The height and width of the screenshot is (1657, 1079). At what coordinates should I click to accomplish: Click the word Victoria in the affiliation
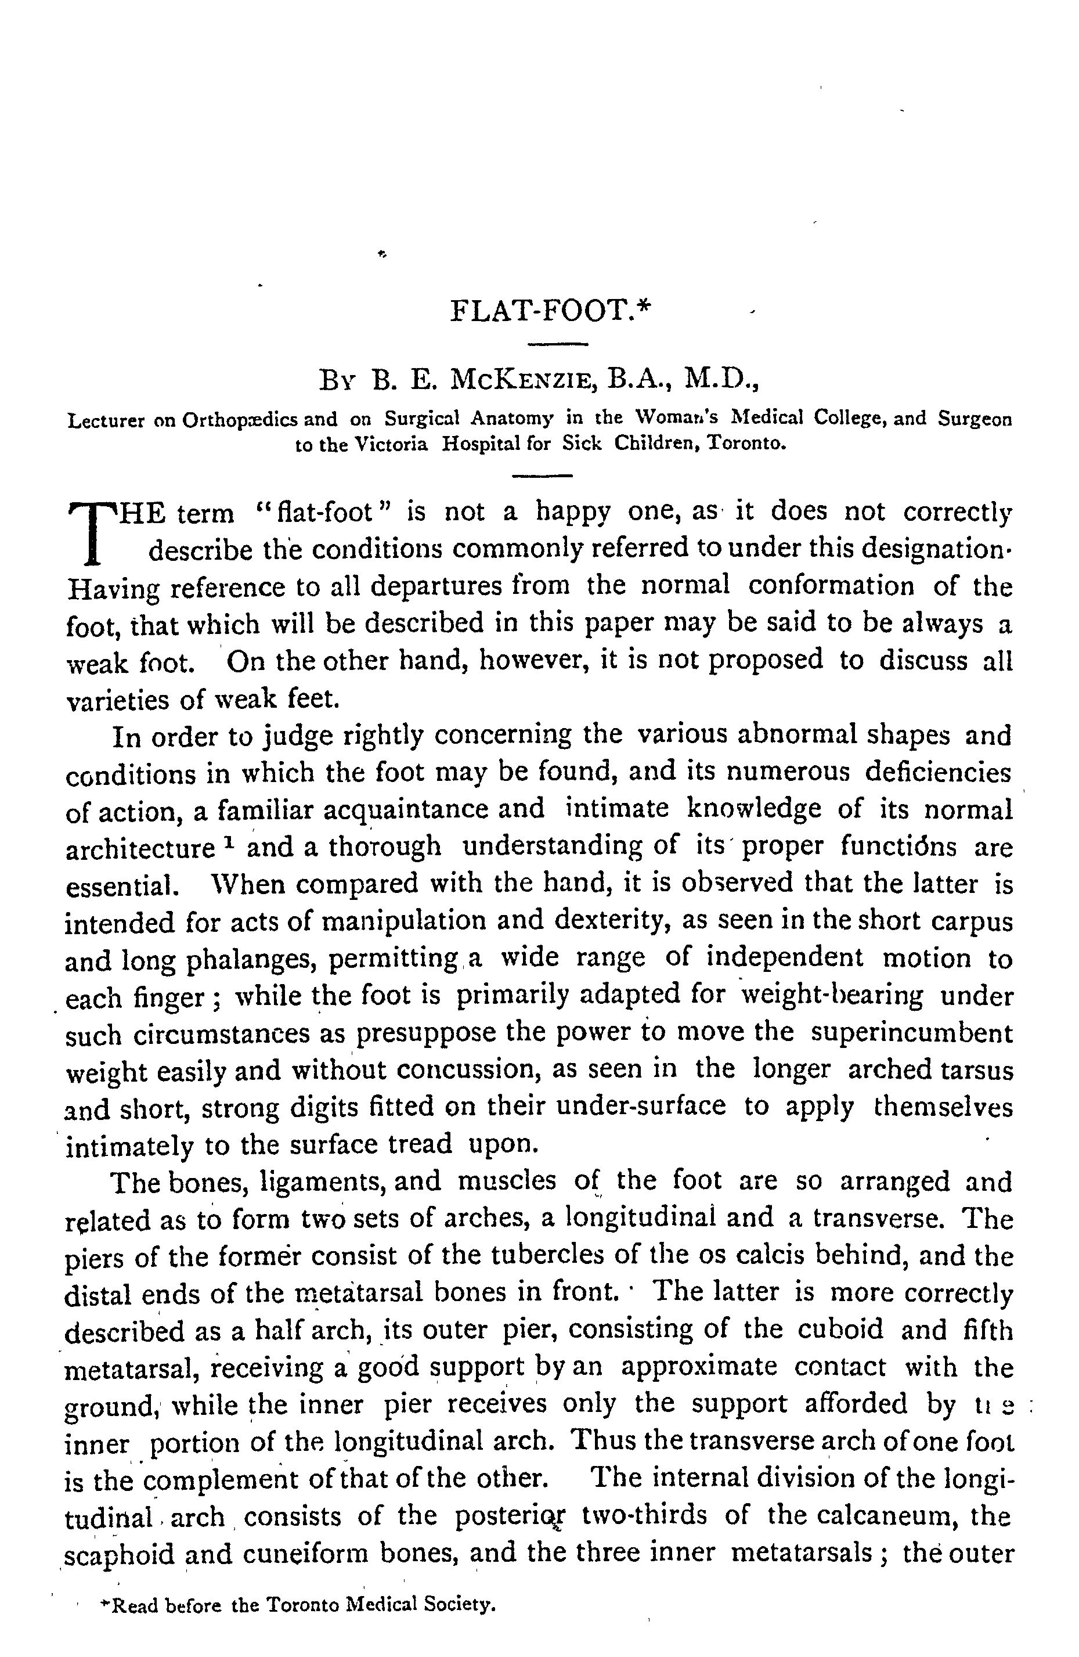(391, 444)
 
